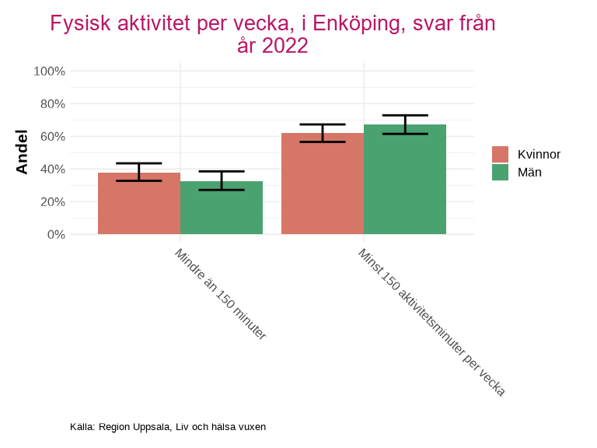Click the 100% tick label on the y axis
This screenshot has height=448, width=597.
click(x=49, y=71)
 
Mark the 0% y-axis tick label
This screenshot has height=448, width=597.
click(x=55, y=234)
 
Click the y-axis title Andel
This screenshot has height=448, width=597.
click(x=22, y=152)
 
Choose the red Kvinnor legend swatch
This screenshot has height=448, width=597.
click(x=501, y=154)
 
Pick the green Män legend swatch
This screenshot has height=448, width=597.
click(x=501, y=173)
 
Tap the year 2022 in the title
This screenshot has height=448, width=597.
click(x=285, y=46)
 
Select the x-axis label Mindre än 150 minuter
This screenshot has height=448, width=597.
click(x=220, y=295)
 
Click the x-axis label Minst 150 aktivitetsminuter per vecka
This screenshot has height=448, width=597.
click(x=431, y=322)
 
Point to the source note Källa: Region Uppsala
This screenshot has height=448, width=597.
click(x=168, y=427)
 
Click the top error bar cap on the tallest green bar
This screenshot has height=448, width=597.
click(x=405, y=115)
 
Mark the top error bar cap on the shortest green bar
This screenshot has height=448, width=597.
click(x=222, y=171)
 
